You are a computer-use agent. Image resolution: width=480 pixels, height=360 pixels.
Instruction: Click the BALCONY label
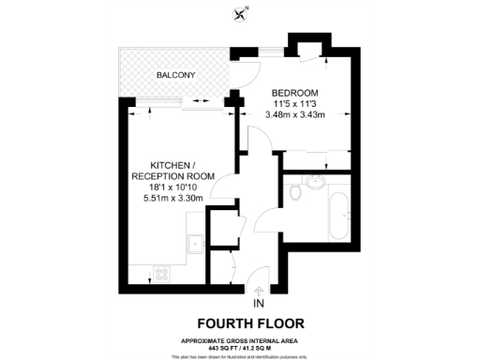[x=175, y=74]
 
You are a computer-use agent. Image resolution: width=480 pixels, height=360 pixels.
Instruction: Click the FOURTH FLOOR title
[x=259, y=324]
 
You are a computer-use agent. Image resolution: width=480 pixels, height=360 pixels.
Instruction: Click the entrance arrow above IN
[x=259, y=290]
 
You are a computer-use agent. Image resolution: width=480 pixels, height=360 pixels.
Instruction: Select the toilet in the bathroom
[x=295, y=193]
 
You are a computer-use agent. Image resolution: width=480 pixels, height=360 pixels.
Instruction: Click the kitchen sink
[x=196, y=244]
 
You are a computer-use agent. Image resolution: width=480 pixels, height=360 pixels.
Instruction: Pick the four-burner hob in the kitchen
[x=162, y=275]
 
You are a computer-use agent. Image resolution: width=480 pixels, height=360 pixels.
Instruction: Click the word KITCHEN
[x=173, y=164]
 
